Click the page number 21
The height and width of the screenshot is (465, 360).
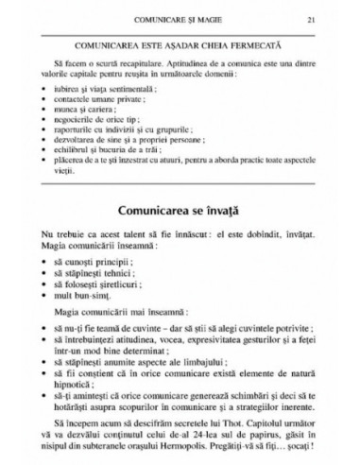pyautogui.click(x=324, y=19)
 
